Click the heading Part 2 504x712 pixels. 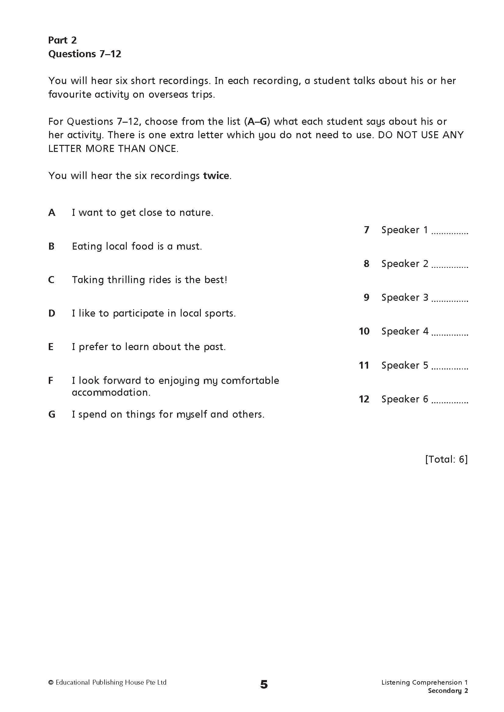(x=62, y=40)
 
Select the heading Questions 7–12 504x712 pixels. (x=85, y=54)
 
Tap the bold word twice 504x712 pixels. (x=216, y=176)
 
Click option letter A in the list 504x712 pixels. (x=52, y=213)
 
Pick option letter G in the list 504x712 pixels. (x=52, y=415)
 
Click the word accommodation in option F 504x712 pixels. (x=111, y=393)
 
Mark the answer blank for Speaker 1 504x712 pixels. (x=450, y=231)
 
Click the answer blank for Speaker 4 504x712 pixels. (x=450, y=333)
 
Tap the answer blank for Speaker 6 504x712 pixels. (x=450, y=400)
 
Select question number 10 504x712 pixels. (x=364, y=331)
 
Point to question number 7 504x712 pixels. (x=367, y=230)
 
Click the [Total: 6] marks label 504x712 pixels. (x=446, y=459)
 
